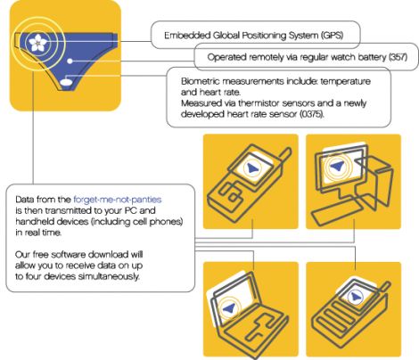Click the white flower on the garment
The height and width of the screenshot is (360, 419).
pos(37,43)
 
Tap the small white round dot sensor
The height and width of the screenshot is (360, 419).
pos(70,61)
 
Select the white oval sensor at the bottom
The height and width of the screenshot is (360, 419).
pos(66,82)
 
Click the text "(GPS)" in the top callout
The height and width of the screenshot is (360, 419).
pos(332,36)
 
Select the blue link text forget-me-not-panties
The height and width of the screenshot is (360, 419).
pos(118,200)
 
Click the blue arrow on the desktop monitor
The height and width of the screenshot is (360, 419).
pos(337,166)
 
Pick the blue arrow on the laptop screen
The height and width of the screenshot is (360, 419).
pos(229,308)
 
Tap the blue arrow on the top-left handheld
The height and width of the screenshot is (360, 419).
pos(252,168)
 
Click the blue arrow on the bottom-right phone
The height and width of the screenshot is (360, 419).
pos(355,297)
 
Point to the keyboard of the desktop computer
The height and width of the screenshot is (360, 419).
pos(336,210)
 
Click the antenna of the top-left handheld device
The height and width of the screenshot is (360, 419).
pos(284,154)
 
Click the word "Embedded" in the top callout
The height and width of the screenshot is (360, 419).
pos(187,36)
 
